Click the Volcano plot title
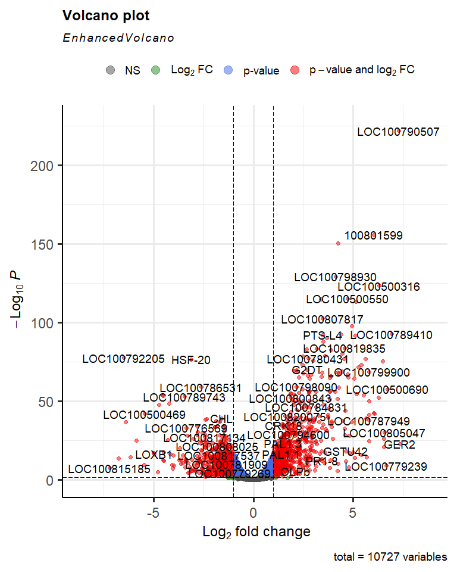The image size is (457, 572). coord(106,16)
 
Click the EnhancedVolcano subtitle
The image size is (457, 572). coord(118,38)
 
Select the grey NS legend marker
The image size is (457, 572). coord(110,70)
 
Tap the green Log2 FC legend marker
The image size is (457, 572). coord(156,70)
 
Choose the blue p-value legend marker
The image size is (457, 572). coord(228,70)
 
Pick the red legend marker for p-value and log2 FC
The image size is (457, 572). coord(294,70)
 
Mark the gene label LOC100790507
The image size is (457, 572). coord(398,132)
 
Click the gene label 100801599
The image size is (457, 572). coord(373,236)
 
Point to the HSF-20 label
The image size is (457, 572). coord(190,360)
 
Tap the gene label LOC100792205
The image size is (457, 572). coord(123,359)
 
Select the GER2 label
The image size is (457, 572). coord(399,444)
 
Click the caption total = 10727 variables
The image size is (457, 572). coord(390,558)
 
